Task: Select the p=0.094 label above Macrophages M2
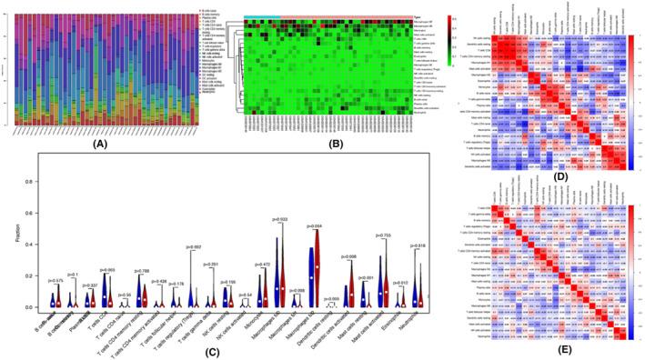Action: pyautogui.click(x=338, y=225)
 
